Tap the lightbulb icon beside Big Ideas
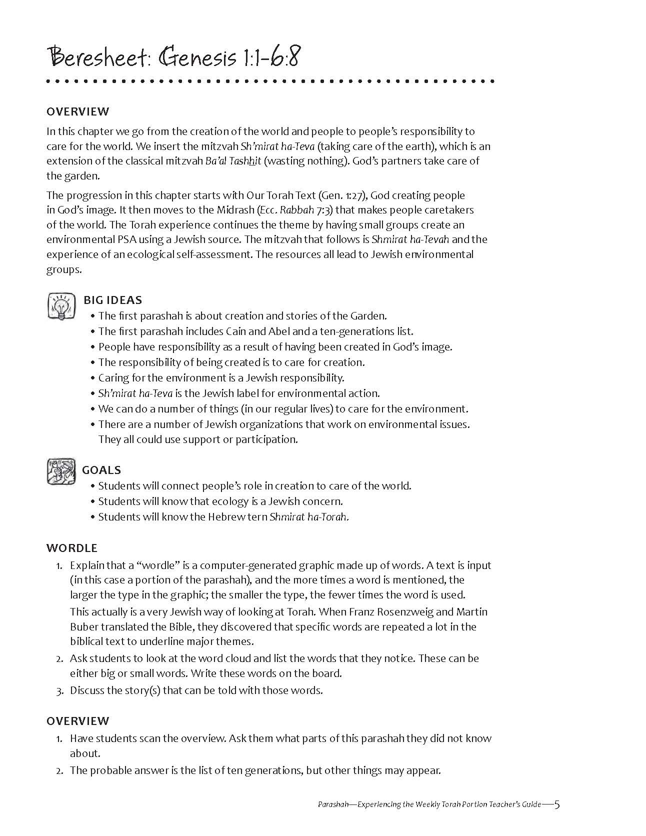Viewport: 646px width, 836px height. pos(61,306)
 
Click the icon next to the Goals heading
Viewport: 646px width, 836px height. pos(61,471)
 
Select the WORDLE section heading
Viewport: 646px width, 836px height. pos(72,548)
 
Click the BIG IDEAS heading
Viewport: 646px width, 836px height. pos(112,300)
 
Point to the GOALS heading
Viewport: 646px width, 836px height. pos(101,470)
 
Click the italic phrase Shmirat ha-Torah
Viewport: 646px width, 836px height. pos(308,517)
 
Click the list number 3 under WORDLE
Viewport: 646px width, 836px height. pos(59,691)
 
